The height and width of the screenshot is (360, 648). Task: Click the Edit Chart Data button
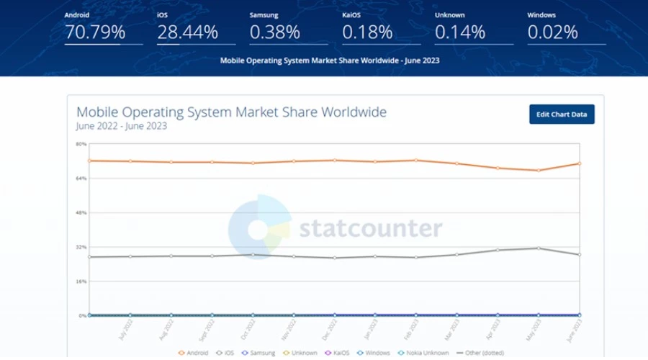pos(562,114)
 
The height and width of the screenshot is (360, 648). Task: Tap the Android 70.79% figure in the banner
pos(95,32)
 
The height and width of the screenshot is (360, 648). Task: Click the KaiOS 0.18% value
pos(367,32)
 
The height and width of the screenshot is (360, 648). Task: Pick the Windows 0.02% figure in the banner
pos(552,32)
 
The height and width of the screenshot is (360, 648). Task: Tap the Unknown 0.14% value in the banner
pos(460,32)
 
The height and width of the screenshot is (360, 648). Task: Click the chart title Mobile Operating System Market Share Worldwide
pos(231,112)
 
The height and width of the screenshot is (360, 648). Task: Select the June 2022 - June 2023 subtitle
pos(121,126)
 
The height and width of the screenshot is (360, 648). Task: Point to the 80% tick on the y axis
pos(81,144)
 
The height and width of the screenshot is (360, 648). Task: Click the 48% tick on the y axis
pos(81,213)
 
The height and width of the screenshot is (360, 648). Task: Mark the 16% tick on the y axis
pos(81,282)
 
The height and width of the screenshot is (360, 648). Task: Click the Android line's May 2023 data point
pos(538,171)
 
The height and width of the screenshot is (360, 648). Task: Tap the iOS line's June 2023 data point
pos(579,255)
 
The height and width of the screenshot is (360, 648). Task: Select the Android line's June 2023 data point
pos(579,163)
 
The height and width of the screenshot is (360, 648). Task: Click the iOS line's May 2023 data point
pos(538,248)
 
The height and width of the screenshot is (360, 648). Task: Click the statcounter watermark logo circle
pos(260,228)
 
